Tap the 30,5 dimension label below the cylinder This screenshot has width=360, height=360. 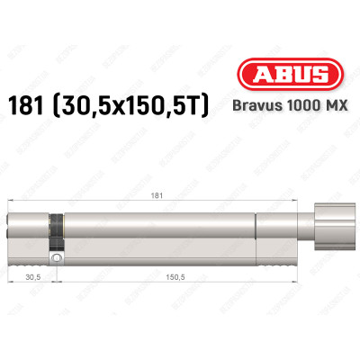coord(31,278)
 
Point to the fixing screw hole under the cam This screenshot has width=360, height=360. coord(56,259)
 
